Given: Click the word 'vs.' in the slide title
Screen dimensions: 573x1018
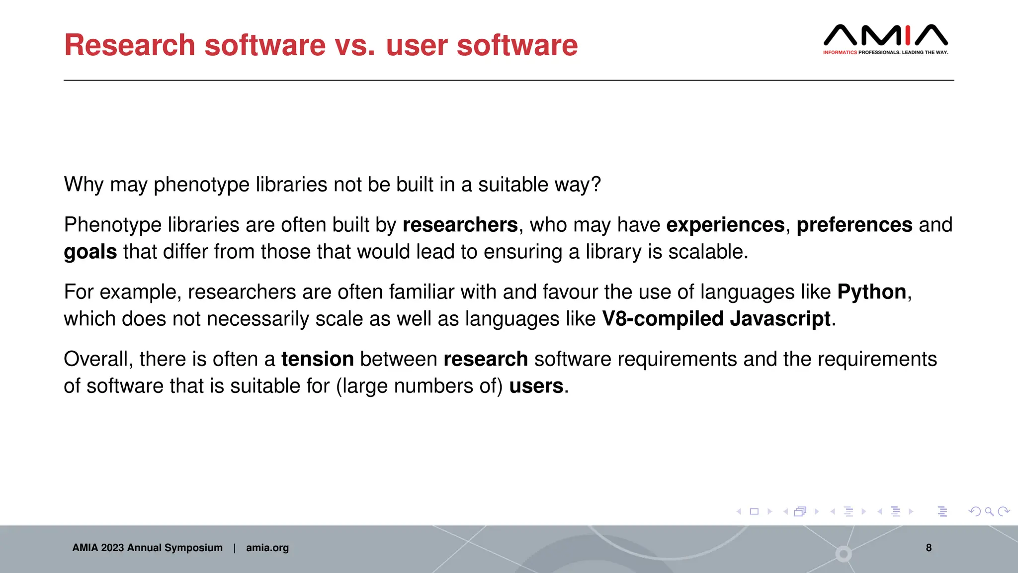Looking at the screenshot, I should point(355,45).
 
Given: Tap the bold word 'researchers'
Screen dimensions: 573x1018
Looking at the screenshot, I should point(460,225).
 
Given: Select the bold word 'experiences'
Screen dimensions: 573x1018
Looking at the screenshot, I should point(725,225).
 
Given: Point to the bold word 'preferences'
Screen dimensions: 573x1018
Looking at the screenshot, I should point(854,225).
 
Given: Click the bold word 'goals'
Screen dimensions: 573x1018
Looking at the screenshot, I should point(90,252).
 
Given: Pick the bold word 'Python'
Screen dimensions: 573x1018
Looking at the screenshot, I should point(871,292).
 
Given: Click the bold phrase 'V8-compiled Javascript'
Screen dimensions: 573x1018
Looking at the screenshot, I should point(716,319).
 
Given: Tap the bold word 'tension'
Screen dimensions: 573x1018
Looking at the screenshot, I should point(317,359).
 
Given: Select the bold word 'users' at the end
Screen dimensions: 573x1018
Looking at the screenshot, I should point(536,386).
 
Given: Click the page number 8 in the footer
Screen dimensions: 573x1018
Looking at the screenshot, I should point(928,548).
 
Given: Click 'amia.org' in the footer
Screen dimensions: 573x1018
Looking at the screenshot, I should point(267,548).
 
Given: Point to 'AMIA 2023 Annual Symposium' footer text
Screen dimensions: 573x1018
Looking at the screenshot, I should point(147,548).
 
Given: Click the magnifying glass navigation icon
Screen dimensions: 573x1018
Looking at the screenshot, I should point(989,511).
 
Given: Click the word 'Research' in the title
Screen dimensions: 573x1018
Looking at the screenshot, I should point(130,45).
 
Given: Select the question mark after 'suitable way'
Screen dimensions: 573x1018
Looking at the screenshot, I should point(596,185).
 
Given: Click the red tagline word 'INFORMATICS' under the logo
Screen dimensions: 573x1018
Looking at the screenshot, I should point(840,52).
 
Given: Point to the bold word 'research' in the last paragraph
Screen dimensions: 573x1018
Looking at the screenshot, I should point(485,359).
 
